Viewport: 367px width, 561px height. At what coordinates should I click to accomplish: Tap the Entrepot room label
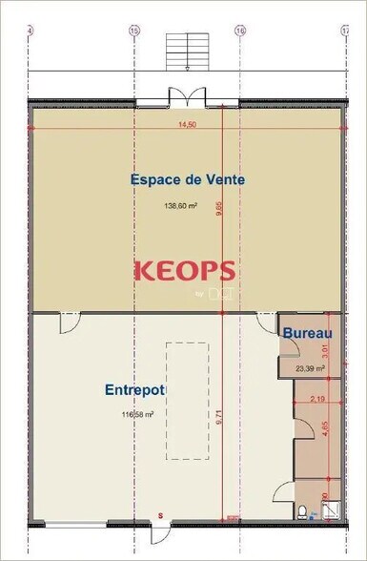(x=134, y=390)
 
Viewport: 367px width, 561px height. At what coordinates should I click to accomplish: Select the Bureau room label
(x=308, y=333)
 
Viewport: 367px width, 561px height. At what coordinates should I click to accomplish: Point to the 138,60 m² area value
(x=180, y=205)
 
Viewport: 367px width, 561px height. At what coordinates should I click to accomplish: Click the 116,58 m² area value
(x=137, y=415)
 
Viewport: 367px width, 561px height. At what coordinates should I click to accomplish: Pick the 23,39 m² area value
(x=310, y=368)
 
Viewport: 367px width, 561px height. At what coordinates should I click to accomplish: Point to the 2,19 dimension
(x=318, y=400)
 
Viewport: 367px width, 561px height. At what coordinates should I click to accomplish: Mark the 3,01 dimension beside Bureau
(x=325, y=349)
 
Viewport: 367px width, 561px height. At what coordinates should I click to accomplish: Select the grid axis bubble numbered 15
(x=133, y=31)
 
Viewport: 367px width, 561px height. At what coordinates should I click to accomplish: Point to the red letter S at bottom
(x=161, y=515)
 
